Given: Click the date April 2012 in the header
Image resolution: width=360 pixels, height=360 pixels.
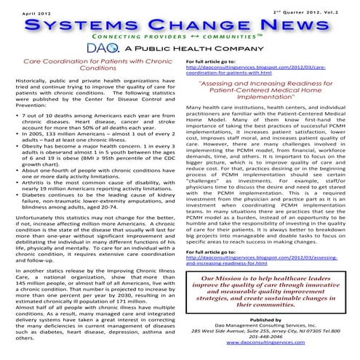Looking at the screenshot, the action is point(23,13).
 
